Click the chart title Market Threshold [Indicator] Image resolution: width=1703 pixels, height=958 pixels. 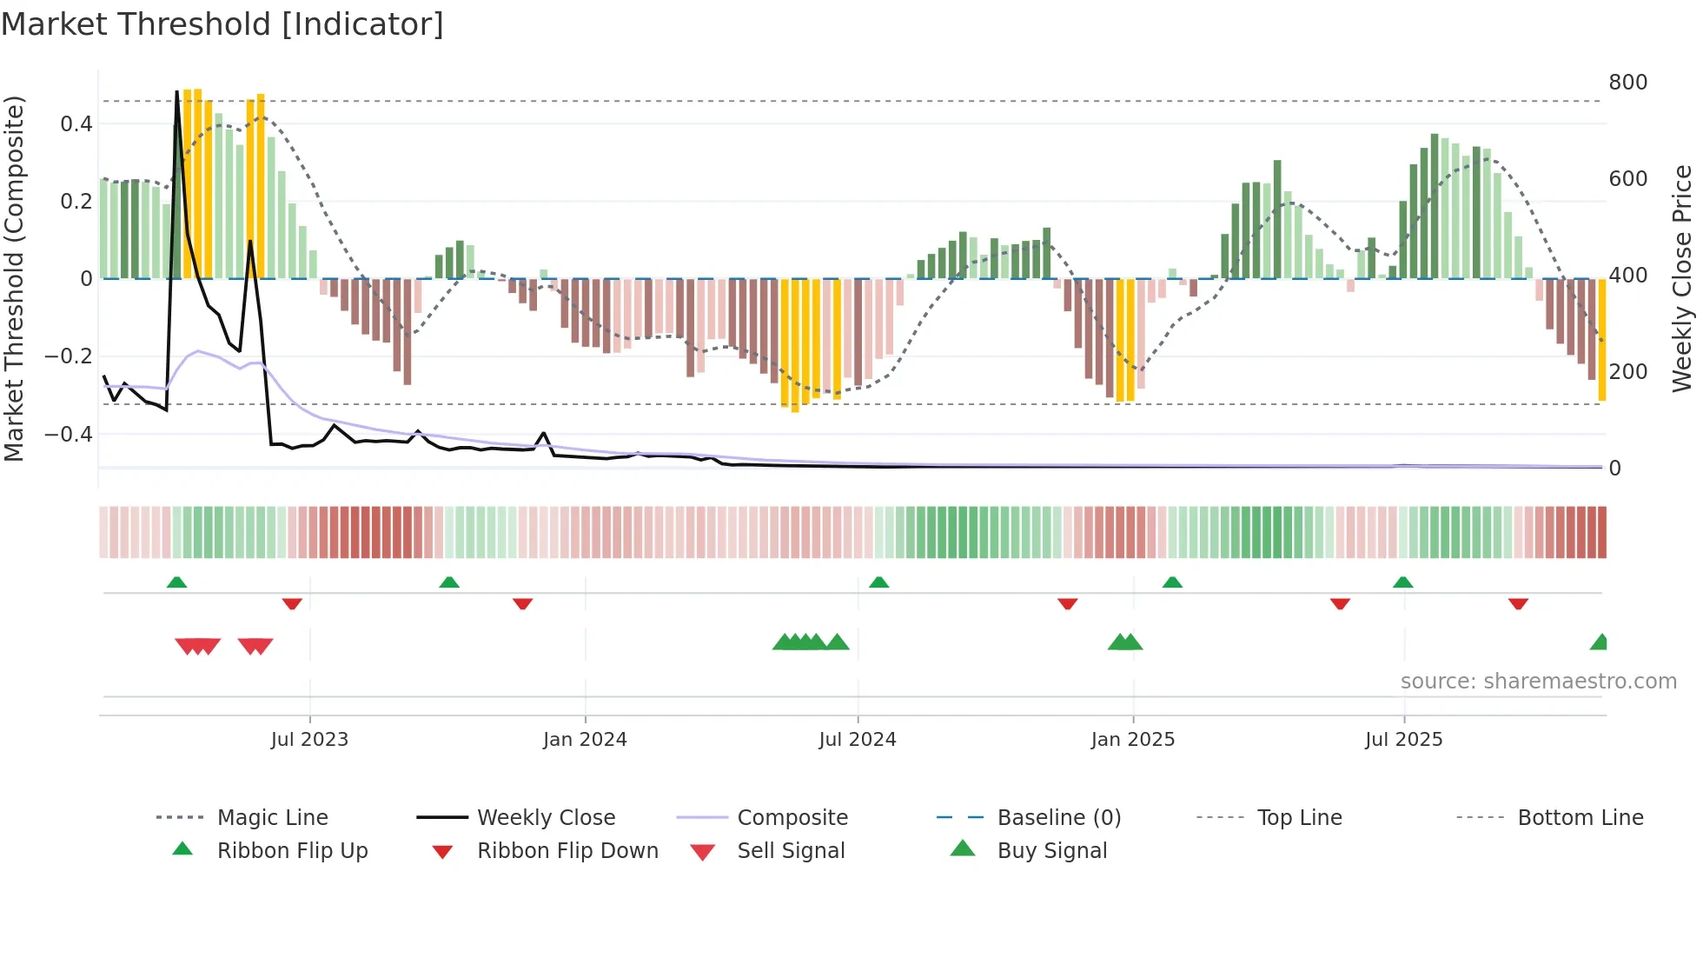click(222, 24)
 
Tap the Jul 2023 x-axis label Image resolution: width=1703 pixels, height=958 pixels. click(309, 740)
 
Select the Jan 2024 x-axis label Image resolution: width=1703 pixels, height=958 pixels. click(585, 740)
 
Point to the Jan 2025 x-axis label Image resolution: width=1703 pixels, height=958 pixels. click(1132, 740)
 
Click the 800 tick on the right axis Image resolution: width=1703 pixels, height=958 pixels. click(1627, 83)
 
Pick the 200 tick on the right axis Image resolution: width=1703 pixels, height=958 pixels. click(1627, 372)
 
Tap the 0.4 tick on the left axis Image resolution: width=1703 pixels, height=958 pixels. click(76, 124)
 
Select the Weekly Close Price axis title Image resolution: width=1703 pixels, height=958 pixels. click(1682, 278)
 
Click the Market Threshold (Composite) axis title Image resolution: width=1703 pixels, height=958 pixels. click(14, 278)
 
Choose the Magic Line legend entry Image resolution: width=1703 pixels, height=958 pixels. click(272, 818)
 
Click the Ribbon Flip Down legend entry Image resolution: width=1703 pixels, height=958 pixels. click(567, 851)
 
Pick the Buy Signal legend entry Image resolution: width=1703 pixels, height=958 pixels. click(1051, 851)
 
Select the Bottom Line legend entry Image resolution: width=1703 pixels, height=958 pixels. click(1580, 818)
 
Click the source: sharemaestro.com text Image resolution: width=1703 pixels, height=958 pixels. click(1538, 682)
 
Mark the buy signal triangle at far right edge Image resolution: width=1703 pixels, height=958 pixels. click(1600, 643)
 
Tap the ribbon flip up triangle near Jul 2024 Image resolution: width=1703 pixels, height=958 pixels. click(878, 582)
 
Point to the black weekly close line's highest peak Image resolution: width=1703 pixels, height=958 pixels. click(177, 92)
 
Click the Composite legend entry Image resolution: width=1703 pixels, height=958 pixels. click(792, 818)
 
